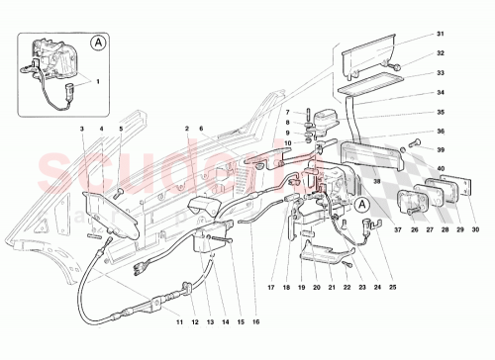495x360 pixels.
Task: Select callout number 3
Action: click(82, 130)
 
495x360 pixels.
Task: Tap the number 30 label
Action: click(475, 230)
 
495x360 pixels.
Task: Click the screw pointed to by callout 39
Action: click(416, 143)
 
